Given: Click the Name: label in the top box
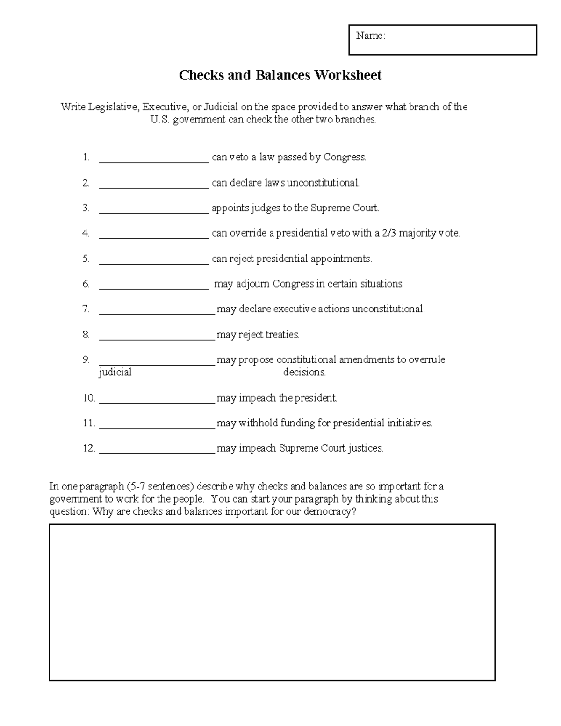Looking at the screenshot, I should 370,36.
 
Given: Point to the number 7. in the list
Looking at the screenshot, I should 86,309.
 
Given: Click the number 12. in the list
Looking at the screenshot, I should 89,448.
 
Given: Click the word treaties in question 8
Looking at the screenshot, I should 282,334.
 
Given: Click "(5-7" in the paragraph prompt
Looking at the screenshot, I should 136,486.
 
